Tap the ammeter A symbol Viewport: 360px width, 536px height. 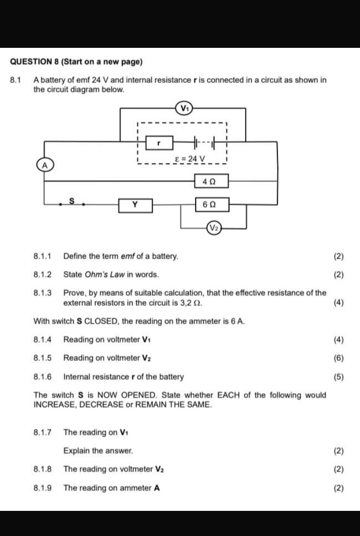coord(45,165)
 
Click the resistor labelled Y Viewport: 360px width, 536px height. coord(135,205)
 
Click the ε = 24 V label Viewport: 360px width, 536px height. coord(190,159)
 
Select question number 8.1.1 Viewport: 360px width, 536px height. coord(43,256)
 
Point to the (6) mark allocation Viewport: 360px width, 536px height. coord(338,358)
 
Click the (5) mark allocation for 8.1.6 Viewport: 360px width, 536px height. coord(338,377)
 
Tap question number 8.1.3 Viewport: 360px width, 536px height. coord(43,293)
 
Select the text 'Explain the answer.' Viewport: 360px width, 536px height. coord(98,451)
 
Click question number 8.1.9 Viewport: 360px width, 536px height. coord(43,488)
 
